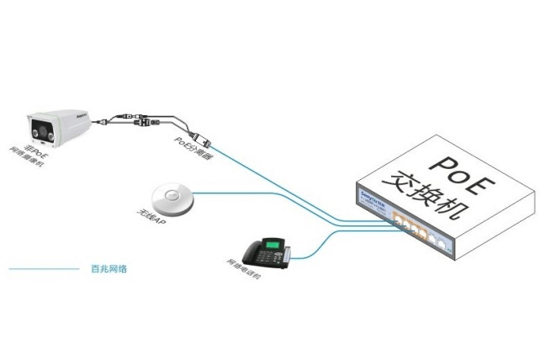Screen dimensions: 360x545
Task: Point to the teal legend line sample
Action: point(43,270)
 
